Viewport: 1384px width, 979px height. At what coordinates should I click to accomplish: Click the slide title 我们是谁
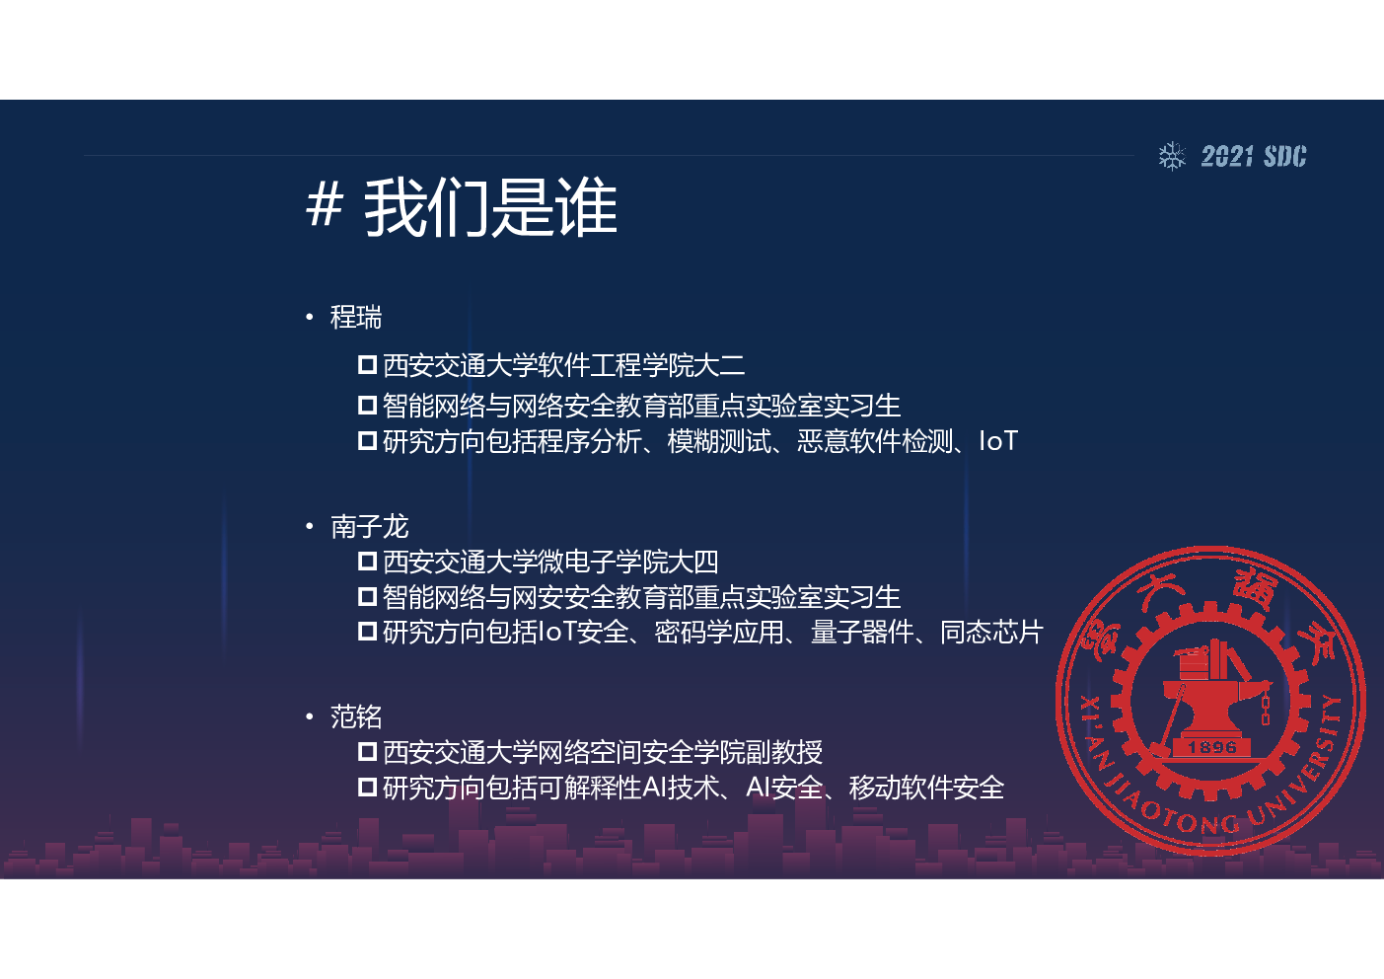coord(490,207)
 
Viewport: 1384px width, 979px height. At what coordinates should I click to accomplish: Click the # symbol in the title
coord(325,205)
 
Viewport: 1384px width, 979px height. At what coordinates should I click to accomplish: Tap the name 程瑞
coord(356,318)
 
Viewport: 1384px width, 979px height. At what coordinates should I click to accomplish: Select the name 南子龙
coord(370,527)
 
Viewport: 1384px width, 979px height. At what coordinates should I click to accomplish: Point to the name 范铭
coord(356,716)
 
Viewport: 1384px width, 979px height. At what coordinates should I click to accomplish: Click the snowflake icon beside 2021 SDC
coord(1172,156)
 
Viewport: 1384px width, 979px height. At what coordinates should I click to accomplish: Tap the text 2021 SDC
coord(1254,156)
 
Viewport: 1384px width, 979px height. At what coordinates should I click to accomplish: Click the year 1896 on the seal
coord(1211,747)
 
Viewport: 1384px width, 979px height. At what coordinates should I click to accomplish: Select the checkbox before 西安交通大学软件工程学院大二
coord(367,364)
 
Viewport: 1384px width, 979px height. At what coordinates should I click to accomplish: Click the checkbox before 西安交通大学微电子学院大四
coord(367,562)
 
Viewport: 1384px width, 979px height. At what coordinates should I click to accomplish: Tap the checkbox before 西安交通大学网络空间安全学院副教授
coord(367,752)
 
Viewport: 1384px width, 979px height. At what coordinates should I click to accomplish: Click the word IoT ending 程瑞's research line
coord(998,441)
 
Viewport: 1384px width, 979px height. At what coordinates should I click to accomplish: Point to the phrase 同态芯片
coord(991,633)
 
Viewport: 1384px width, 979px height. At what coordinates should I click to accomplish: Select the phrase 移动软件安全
coord(926,788)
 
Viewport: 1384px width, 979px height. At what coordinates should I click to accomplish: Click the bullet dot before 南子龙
coord(310,527)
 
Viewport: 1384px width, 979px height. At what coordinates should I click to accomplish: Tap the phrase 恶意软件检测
coord(874,442)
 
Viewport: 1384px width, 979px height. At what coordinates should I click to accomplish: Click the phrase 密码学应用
coord(718,633)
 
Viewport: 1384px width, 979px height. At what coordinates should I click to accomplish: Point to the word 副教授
coord(784,752)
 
